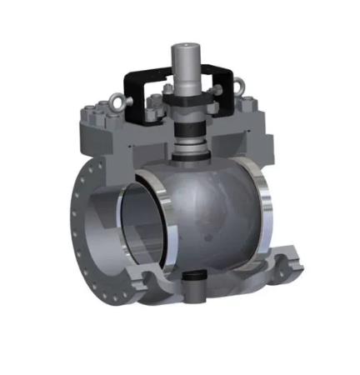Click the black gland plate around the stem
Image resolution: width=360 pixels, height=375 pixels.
(x=184, y=104)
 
